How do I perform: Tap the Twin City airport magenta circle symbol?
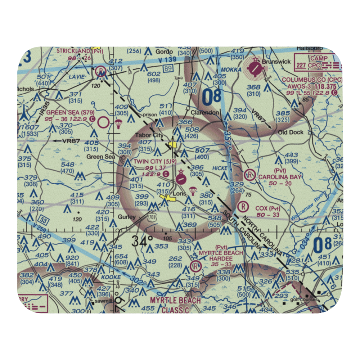click(x=181, y=178)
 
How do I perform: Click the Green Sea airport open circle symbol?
click(x=104, y=123)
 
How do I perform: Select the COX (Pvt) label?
click(x=267, y=208)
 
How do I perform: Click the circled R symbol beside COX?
click(x=243, y=207)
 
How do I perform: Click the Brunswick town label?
click(x=276, y=62)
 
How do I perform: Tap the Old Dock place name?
click(x=291, y=132)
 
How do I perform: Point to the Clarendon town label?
click(x=205, y=113)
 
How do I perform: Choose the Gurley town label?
click(x=127, y=217)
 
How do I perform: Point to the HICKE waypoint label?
click(x=220, y=168)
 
